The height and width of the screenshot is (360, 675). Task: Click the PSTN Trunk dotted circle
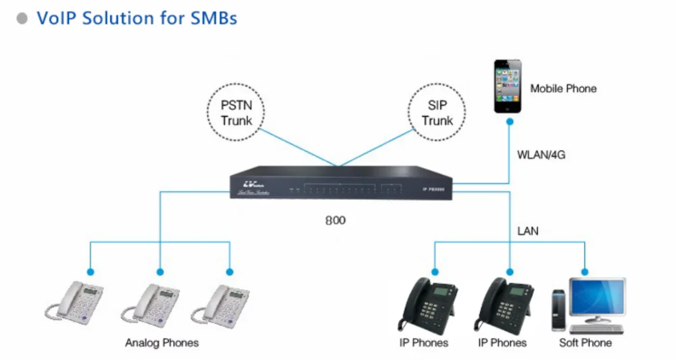(x=236, y=113)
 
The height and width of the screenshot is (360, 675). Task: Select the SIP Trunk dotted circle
(x=437, y=113)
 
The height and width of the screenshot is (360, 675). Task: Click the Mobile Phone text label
(x=563, y=88)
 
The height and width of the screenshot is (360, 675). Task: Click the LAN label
(x=527, y=231)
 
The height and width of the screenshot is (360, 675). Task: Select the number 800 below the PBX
(x=335, y=221)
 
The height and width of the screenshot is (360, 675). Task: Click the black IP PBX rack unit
(x=341, y=184)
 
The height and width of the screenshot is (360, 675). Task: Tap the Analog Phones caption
(x=162, y=342)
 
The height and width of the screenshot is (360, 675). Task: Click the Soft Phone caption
(x=585, y=342)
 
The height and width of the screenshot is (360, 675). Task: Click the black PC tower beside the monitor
(x=558, y=310)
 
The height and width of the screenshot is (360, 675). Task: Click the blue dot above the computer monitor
(x=585, y=272)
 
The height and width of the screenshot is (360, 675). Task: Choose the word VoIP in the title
(x=57, y=18)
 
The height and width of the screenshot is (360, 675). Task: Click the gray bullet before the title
(x=23, y=18)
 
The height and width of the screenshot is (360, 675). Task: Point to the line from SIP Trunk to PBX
(x=375, y=148)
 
